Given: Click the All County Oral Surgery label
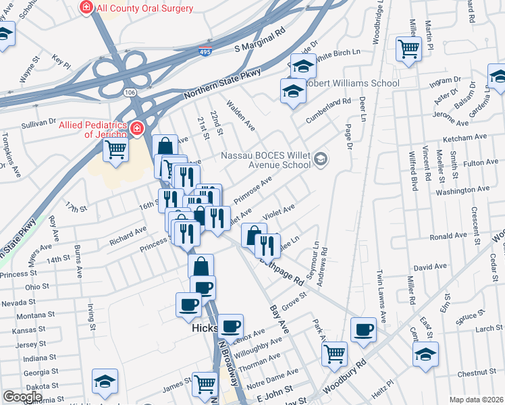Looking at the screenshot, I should (x=144, y=8).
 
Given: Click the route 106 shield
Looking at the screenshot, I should (x=130, y=92).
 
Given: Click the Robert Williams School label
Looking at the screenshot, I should (x=353, y=84).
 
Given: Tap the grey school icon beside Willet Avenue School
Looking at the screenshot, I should (x=321, y=159).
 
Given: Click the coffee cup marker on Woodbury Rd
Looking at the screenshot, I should (x=364, y=329).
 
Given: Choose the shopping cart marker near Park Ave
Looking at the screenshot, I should (x=335, y=353).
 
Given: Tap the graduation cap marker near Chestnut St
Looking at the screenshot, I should (x=425, y=354).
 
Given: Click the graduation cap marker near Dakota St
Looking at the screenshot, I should (x=105, y=381).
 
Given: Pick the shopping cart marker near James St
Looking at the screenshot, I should (x=205, y=384).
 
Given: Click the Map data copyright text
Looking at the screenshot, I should (x=475, y=400).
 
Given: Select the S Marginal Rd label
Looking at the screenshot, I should (x=260, y=40).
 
